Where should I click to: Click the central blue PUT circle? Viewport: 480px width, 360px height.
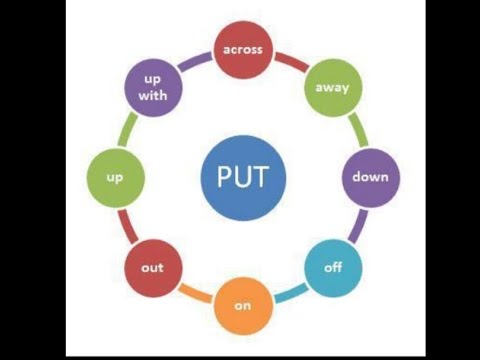pos(242,178)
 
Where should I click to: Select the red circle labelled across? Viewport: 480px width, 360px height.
pos(242,46)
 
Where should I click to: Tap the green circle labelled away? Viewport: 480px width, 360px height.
pos(332,86)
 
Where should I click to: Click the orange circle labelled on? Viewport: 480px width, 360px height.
pos(242,305)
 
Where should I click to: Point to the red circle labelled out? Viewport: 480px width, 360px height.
pos(152,268)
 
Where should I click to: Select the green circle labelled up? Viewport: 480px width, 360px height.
pos(114,178)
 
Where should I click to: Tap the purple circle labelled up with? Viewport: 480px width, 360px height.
pos(153,87)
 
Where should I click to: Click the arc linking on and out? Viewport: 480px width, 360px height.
pos(194,297)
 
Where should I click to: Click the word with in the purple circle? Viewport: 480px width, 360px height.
pos(153,96)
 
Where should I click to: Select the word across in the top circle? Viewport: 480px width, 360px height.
pos(242,46)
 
